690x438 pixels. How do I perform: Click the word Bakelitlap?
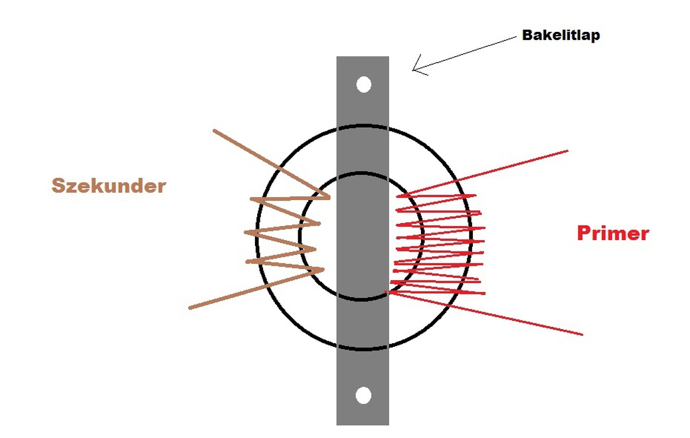[561, 36]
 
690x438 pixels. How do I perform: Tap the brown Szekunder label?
[108, 186]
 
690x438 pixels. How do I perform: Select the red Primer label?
[613, 233]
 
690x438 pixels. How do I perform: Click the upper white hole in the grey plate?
[364, 85]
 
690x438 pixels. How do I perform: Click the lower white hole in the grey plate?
[364, 395]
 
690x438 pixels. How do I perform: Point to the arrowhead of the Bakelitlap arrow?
[414, 69]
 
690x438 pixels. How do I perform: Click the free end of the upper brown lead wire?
[215, 131]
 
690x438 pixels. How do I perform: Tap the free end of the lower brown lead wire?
[190, 308]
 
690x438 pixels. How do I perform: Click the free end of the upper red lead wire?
[567, 151]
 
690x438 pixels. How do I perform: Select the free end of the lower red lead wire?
[582, 334]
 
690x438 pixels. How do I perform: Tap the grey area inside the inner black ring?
[362, 237]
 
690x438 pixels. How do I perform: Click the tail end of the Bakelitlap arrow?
[515, 37]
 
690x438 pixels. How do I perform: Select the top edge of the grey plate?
[362, 57]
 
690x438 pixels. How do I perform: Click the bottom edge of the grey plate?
[362, 424]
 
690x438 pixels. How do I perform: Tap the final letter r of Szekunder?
[161, 187]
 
